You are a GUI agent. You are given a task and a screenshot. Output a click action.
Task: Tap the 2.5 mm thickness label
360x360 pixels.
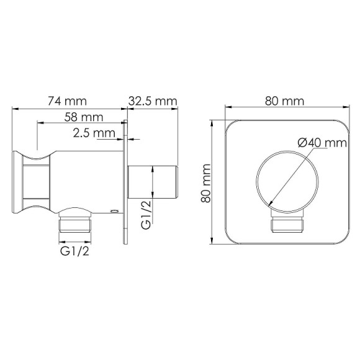[94, 133]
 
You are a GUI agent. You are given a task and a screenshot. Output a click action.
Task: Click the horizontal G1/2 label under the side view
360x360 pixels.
[74, 252]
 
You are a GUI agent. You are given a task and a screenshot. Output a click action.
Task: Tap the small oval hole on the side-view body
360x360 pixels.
[113, 212]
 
